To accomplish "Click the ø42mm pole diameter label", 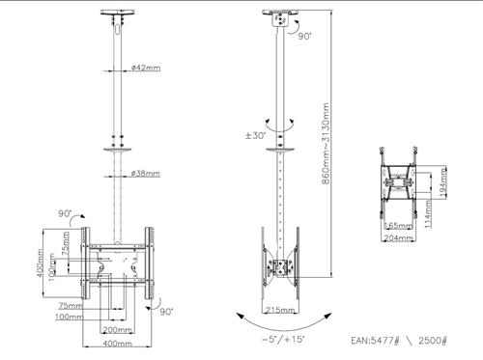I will (145, 69).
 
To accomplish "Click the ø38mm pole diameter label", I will (145, 174).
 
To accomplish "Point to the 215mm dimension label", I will (279, 310).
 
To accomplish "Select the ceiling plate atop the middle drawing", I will (281, 17).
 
